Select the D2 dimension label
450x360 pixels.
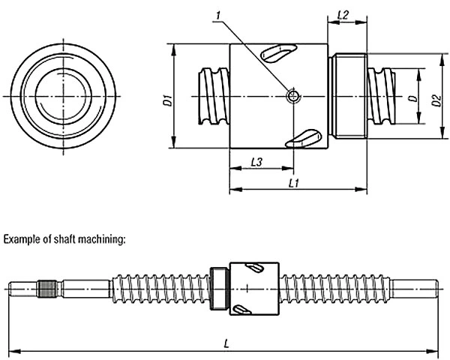[436, 100]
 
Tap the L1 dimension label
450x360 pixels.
[294, 183]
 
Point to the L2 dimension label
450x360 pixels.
[343, 15]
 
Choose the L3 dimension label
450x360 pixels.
[256, 162]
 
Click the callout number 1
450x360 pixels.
[219, 16]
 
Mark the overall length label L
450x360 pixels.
[226, 343]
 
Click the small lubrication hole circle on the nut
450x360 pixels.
[293, 95]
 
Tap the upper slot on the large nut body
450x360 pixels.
[277, 52]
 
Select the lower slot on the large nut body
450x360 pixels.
[303, 138]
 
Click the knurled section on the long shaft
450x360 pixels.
[47, 289]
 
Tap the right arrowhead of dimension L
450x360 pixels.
[432, 351]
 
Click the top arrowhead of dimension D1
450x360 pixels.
[174, 49]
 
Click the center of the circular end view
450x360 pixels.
[63, 96]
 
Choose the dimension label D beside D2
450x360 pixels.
[414, 98]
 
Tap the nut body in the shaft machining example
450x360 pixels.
[254, 289]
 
